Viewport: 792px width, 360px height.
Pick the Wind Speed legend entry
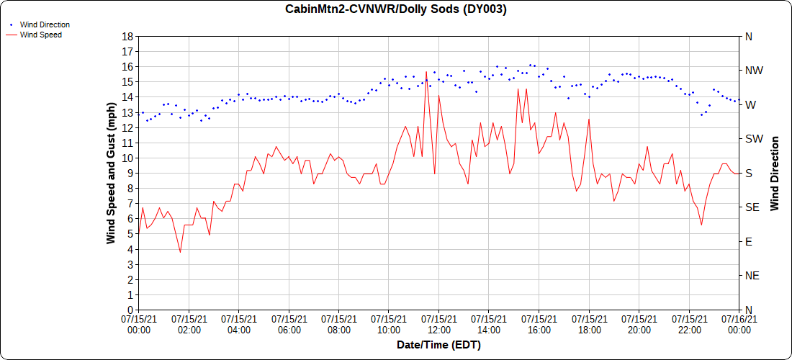[40, 34]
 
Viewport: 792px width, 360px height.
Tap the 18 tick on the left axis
[127, 36]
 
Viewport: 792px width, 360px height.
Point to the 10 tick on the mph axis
[127, 158]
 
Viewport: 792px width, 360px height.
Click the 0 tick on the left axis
[130, 310]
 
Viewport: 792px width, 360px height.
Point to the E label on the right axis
[748, 241]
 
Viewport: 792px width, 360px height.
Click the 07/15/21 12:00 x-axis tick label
[438, 324]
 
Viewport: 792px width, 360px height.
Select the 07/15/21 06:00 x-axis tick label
[289, 324]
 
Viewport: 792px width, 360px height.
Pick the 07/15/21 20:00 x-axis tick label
[639, 324]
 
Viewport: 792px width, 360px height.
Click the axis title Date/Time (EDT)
[438, 345]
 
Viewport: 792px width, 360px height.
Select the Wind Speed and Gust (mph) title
[111, 173]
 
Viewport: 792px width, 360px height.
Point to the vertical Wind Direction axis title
[775, 173]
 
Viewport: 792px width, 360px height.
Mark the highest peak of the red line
[426, 72]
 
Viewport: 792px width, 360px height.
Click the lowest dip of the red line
[180, 252]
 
